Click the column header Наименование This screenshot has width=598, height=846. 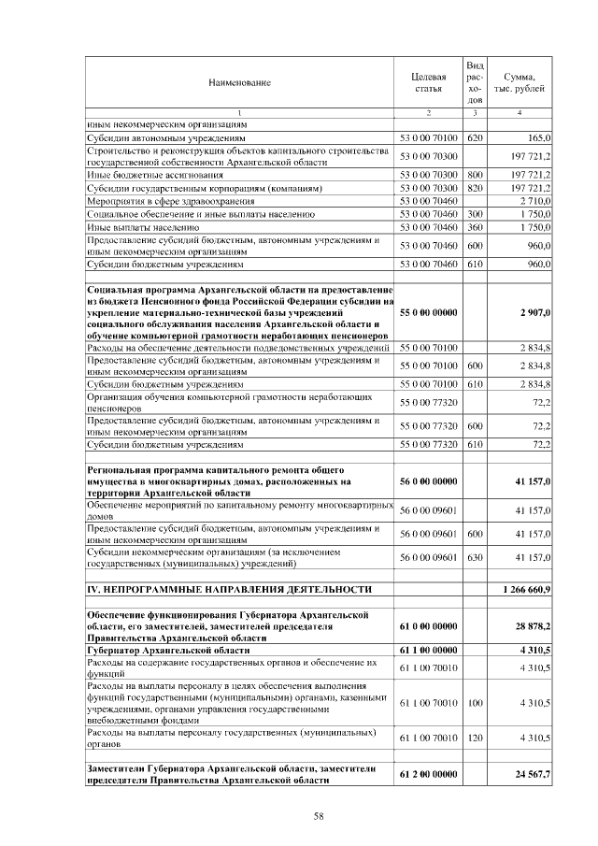[239, 83]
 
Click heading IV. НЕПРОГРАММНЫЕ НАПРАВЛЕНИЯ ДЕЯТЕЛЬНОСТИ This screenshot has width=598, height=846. [230, 590]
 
